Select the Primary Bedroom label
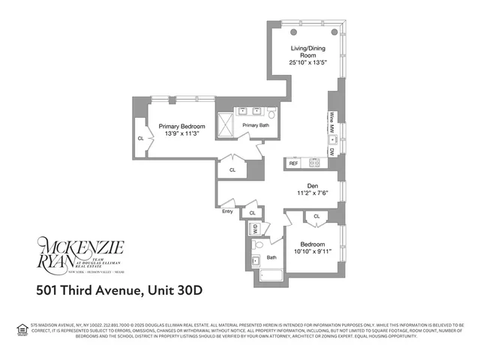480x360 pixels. coord(181,127)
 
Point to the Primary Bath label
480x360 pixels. coord(255,125)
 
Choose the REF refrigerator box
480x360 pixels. coord(294,163)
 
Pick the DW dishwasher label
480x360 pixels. coord(331,152)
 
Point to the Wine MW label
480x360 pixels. coord(331,124)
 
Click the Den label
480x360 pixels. coord(313,187)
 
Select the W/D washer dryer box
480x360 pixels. coord(254,229)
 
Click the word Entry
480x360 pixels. coord(227,211)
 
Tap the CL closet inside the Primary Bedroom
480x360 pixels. coord(140,139)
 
